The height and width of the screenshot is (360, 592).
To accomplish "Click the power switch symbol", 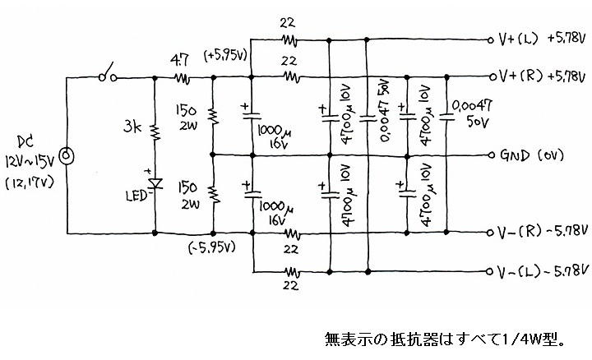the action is point(108,73).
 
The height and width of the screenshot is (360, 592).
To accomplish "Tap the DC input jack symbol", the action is point(67,155).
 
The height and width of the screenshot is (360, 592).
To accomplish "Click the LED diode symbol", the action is point(155,183).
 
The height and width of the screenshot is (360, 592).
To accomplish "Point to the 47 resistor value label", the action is point(179,61).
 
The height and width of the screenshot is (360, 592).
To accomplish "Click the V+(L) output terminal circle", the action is point(491,39).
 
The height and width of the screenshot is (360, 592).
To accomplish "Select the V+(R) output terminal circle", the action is point(493,77).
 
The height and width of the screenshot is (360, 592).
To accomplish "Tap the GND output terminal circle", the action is point(492,155).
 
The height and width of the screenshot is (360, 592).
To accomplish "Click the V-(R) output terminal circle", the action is point(490,233).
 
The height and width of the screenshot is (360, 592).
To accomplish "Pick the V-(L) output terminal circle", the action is point(490,271).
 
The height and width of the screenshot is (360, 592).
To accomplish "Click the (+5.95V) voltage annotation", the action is point(225,56).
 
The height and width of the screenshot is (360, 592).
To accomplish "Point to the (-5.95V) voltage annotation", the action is point(212,247).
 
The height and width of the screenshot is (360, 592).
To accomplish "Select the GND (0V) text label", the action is point(532,155).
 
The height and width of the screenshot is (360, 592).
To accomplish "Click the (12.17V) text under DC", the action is point(30,183).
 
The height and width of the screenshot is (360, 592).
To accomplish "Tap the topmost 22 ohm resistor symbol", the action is point(289,40).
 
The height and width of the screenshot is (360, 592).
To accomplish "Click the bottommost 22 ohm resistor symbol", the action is point(292,272).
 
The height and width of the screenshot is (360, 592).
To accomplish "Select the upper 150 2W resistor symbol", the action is point(213,116).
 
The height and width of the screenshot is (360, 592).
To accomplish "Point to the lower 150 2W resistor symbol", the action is point(214,194).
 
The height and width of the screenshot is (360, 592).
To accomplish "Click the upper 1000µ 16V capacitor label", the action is point(274,136).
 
